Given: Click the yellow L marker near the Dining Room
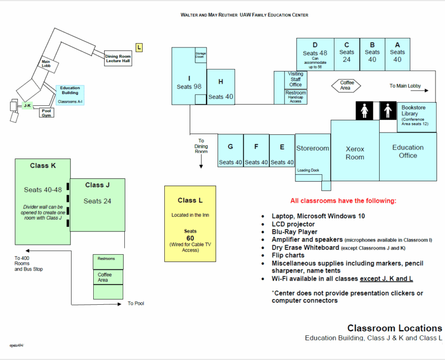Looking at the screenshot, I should point(139,48).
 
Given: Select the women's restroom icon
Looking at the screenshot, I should point(364,111).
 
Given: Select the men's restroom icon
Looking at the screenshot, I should point(388,111).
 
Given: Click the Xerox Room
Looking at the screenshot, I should point(355,153).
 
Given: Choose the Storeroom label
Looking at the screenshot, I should point(313,148).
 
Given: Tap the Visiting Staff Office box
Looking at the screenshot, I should point(295,80).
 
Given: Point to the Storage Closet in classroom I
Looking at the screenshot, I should point(200,55).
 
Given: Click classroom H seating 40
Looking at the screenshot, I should point(221,88).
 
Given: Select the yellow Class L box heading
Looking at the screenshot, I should point(190,200).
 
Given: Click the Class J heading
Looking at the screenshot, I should point(97,185).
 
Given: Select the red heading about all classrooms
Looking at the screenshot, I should point(343,201).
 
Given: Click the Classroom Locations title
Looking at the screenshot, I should point(394,328).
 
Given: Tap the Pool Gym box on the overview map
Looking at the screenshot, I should point(47,112).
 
